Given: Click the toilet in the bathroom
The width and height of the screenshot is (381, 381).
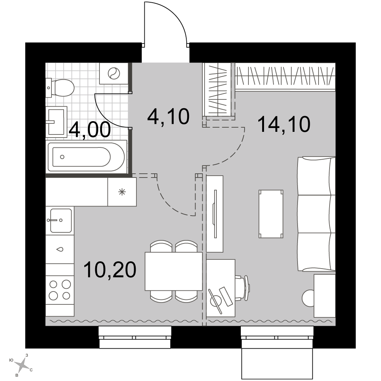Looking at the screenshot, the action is click(x=60, y=88).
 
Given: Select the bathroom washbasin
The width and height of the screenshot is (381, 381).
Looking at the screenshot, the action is click(x=56, y=122).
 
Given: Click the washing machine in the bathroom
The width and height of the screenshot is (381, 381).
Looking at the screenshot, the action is click(x=114, y=74).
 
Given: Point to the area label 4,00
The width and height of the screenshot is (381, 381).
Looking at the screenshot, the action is click(x=90, y=130).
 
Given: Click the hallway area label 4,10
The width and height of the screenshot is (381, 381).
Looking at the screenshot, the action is click(x=168, y=117).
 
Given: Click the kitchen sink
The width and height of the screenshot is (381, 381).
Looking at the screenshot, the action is click(x=60, y=221).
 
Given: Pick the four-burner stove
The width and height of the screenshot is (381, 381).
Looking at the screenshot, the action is click(x=60, y=290).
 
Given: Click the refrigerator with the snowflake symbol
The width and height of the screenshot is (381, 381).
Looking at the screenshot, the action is click(x=122, y=192).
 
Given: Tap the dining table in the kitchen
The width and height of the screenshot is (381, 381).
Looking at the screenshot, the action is click(x=174, y=271).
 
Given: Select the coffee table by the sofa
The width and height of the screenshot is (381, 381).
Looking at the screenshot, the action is click(x=271, y=214).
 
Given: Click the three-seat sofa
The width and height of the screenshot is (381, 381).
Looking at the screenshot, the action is click(x=317, y=214).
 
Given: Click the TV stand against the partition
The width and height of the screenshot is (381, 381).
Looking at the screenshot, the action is click(x=215, y=214).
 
